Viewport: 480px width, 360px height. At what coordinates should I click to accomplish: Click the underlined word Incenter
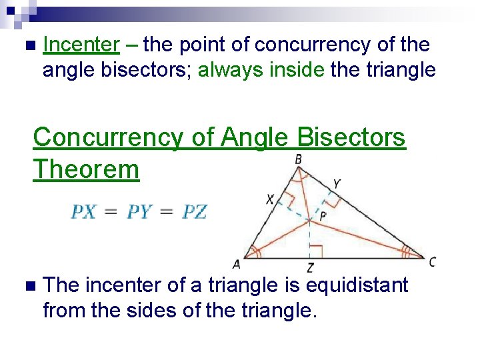pos(81,45)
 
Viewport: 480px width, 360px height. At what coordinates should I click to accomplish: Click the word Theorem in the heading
pos(86,169)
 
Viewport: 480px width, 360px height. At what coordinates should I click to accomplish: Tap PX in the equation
pos(83,212)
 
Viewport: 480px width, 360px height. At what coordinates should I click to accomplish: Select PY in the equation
pos(139,212)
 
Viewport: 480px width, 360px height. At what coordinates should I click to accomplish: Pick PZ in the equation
pos(195,212)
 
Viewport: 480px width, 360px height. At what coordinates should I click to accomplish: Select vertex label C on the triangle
pos(433,262)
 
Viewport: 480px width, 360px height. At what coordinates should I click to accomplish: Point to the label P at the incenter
pos(323,215)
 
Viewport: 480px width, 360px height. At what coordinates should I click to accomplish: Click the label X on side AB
pos(270,199)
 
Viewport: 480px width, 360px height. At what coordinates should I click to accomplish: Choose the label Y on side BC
pos(337,183)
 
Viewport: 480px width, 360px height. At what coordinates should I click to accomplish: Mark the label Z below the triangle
pos(311,268)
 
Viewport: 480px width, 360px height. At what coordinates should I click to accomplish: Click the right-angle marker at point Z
pos(317,251)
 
